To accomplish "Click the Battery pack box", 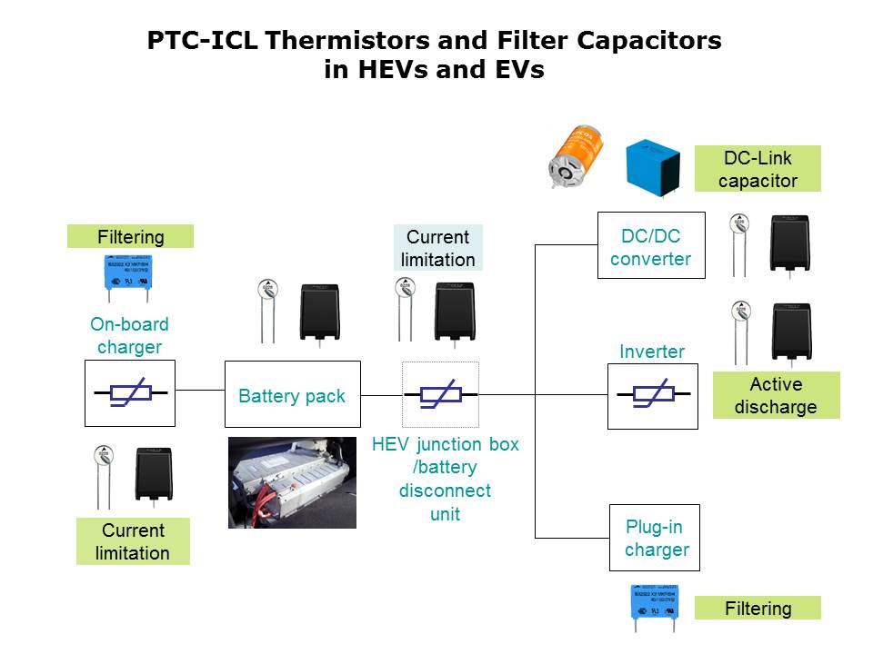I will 292,394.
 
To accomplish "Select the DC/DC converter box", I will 650,247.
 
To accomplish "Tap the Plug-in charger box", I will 655,538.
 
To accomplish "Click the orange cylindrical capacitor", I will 577,155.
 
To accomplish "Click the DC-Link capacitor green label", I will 758,169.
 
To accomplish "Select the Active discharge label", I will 776,395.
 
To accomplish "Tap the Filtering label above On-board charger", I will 131,237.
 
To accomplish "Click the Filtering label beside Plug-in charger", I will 758,609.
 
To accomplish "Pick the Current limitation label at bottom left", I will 133,541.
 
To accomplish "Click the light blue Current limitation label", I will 438,248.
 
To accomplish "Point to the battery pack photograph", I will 292,482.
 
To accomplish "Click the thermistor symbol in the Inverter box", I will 652,395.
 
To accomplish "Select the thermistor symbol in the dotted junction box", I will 440,395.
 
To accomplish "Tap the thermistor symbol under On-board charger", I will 130,393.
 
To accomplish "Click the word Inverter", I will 651,352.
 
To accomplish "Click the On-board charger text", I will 130,335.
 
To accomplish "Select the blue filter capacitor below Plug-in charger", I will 655,603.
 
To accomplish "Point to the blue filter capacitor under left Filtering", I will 127,275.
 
